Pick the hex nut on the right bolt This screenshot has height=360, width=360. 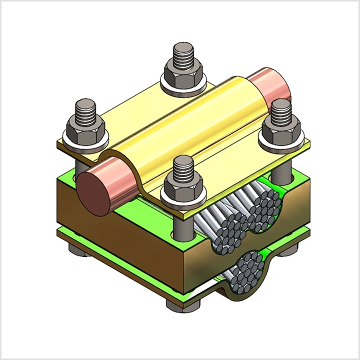click(x=281, y=133)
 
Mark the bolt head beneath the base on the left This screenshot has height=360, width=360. click(x=80, y=250)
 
